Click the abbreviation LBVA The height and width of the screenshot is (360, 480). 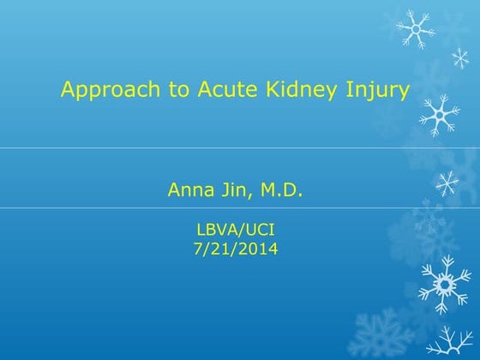[216, 230]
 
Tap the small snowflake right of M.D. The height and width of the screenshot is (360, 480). [447, 182]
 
